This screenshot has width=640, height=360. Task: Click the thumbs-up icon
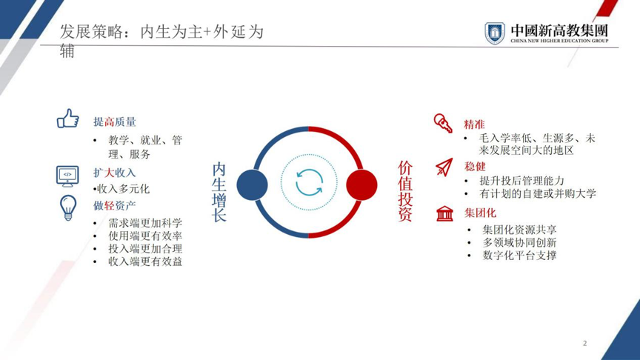(x=67, y=119)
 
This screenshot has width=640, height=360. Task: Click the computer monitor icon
(x=67, y=176)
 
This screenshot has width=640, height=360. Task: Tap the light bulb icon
(x=68, y=207)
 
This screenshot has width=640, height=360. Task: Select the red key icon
(x=443, y=123)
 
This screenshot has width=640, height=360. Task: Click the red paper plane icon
(x=444, y=167)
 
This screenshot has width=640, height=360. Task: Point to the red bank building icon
(x=444, y=213)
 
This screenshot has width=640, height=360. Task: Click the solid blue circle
(x=253, y=185)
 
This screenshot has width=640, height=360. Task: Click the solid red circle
(x=361, y=185)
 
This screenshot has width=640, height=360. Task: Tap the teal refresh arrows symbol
(x=309, y=182)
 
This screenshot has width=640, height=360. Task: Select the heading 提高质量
(x=115, y=121)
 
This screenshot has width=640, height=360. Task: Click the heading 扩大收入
(x=114, y=173)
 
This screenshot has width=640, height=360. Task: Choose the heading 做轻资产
(x=114, y=205)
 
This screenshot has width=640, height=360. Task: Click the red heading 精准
(x=474, y=124)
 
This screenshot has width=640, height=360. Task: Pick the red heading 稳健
(x=475, y=167)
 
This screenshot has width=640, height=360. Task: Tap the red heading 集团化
(x=480, y=213)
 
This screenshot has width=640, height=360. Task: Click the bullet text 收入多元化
(x=123, y=189)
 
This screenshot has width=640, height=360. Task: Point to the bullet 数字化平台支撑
(x=519, y=256)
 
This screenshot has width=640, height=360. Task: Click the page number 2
(x=585, y=343)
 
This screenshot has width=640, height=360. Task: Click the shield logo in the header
(x=495, y=33)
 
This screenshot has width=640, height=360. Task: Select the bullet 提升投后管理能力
(x=521, y=181)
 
